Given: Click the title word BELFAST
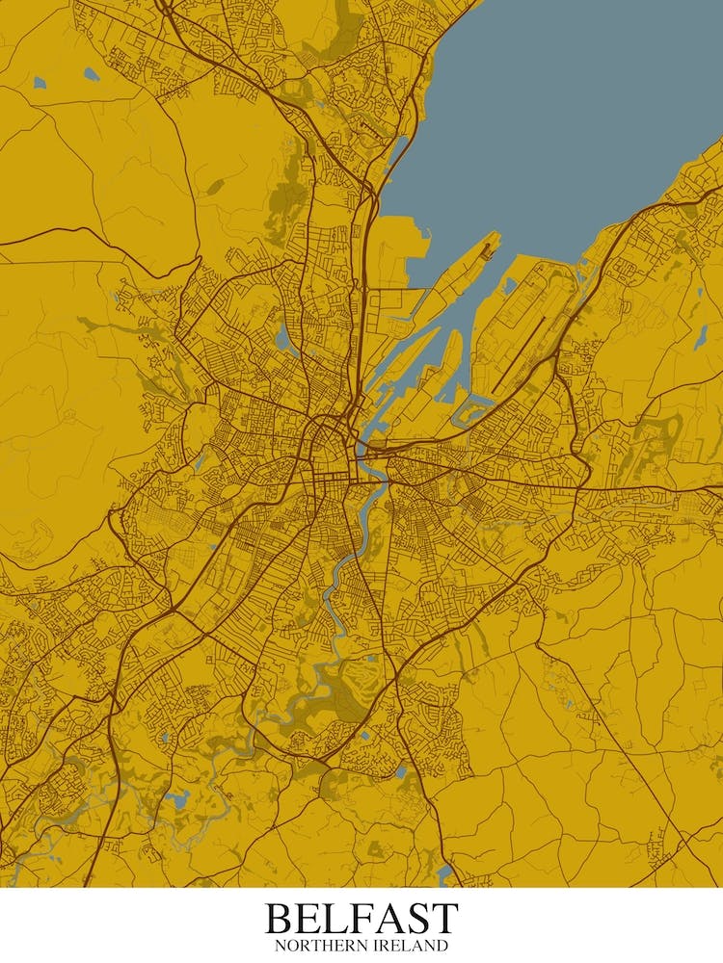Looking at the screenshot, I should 361,918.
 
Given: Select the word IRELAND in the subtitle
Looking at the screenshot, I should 411,947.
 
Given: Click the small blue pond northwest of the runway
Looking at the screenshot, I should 509,286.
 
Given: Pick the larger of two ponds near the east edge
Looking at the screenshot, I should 702,336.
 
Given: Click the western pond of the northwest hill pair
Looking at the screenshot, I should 40,83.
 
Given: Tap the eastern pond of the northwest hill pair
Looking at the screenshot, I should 91,73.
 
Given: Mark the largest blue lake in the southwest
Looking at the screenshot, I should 176,798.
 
